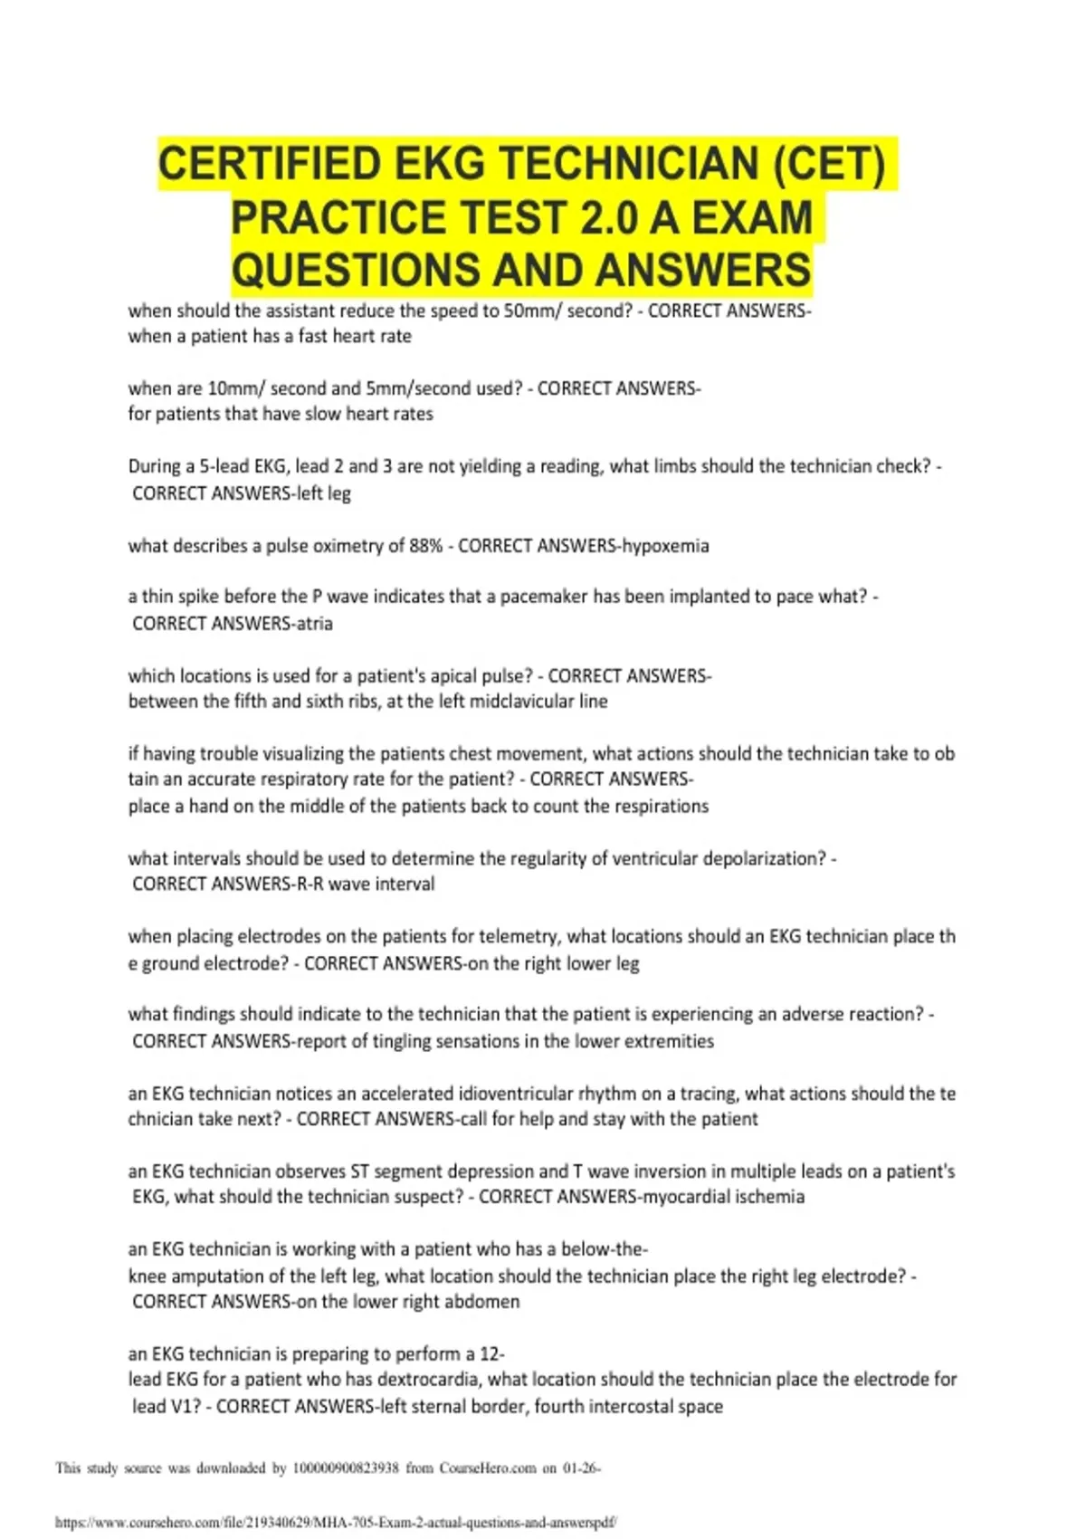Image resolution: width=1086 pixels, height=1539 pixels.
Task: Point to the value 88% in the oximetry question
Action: click(x=426, y=546)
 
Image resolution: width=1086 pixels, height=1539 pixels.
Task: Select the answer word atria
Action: click(x=314, y=624)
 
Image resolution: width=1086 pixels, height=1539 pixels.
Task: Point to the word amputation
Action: click(x=216, y=1276)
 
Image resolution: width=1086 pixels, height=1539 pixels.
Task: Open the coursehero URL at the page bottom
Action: click(x=336, y=1523)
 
